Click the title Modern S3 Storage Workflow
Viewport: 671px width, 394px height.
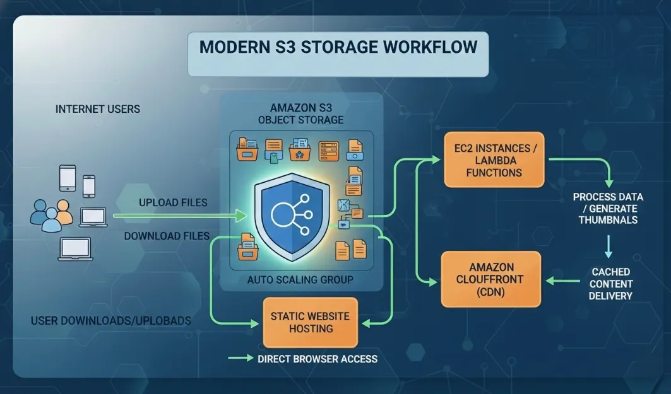tap(338, 48)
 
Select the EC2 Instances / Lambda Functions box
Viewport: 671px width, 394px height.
tap(494, 160)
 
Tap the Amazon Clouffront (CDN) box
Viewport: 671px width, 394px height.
tap(491, 279)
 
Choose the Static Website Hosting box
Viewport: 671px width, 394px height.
tap(310, 322)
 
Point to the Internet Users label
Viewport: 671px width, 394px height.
tap(98, 109)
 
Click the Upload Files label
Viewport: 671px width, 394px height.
tap(173, 203)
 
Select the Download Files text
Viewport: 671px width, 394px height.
tap(167, 236)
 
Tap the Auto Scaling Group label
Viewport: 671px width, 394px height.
tap(300, 279)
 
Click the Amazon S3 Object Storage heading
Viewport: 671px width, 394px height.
tap(301, 113)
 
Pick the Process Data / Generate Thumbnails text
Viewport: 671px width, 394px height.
tap(605, 209)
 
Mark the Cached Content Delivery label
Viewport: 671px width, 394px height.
tap(611, 284)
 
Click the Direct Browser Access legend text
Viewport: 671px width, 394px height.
tap(318, 359)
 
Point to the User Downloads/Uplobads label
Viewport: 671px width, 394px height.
tap(110, 321)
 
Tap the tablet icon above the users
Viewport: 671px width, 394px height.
tap(68, 178)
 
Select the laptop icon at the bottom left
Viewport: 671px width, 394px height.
tap(75, 249)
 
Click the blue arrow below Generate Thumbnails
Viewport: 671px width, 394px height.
tap(608, 246)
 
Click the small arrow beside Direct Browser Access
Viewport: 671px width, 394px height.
tap(240, 359)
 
